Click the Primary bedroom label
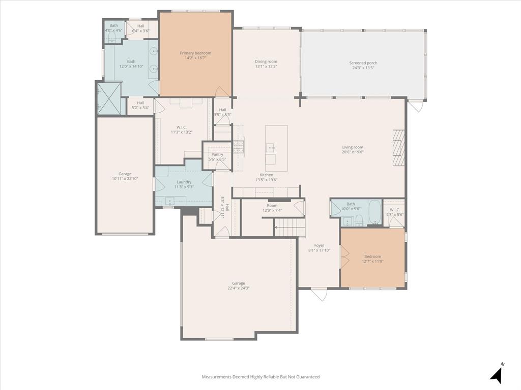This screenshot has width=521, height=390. point(195,53)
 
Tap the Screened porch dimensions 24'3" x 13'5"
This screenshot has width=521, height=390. point(363,68)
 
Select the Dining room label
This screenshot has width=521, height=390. point(266,61)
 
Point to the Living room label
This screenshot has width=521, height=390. point(353,147)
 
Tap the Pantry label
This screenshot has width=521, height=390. point(217,154)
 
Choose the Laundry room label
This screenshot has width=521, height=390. point(184,182)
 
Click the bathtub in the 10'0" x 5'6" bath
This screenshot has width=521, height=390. point(374,212)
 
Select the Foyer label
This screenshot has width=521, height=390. point(319,245)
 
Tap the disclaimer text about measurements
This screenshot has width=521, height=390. point(260,377)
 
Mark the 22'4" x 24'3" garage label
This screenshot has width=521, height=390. point(239,283)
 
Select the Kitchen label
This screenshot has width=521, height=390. point(267,175)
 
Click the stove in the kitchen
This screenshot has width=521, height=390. point(238,147)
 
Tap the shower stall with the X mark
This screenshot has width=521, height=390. point(108,97)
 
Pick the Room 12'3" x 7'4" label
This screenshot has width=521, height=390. point(272,205)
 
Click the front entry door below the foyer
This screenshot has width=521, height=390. point(319,293)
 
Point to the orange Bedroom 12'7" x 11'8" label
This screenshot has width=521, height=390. point(372,256)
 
